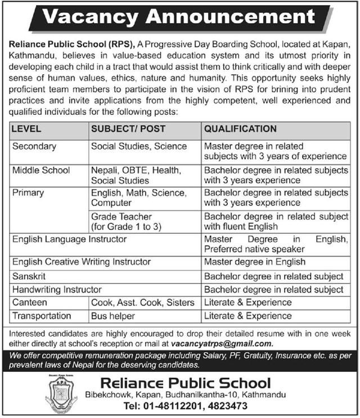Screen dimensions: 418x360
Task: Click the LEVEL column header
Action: (27, 129)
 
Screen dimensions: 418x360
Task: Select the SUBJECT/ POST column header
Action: (128, 129)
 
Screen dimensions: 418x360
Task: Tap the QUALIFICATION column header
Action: (240, 129)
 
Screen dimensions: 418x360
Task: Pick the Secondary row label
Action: (34, 146)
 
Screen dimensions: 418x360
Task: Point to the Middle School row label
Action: (41, 170)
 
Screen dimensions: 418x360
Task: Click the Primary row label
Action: (28, 193)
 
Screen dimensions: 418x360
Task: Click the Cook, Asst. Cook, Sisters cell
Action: (143, 303)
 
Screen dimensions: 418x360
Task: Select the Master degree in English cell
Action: (255, 262)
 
